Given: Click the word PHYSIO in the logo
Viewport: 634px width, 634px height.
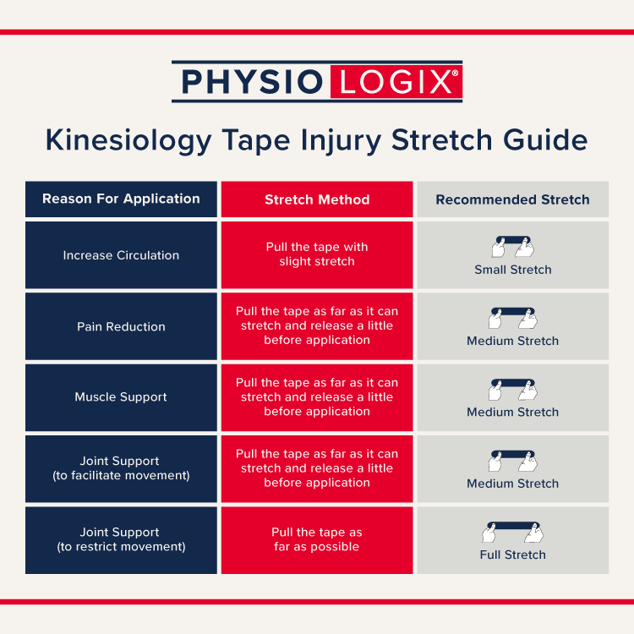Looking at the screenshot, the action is (x=252, y=82).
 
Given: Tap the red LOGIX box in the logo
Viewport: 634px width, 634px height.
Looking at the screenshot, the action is (x=396, y=82).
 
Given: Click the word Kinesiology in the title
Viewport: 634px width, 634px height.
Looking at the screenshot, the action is (x=128, y=140).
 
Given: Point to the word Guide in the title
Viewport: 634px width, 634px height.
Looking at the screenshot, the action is (x=545, y=139).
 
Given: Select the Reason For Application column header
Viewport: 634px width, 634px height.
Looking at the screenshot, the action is (x=121, y=199).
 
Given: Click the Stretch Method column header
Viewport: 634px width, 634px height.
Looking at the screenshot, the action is (x=317, y=199).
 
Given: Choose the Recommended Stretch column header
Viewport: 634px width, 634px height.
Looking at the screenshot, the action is (x=513, y=199).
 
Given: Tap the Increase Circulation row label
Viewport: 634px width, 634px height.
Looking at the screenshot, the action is (x=121, y=255).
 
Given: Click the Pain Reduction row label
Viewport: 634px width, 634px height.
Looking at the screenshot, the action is (x=121, y=326).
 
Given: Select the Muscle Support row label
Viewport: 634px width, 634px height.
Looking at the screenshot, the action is (x=121, y=397).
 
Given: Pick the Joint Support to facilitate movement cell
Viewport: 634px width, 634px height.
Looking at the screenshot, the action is (x=121, y=469).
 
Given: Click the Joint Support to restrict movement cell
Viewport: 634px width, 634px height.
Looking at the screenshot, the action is (x=121, y=540).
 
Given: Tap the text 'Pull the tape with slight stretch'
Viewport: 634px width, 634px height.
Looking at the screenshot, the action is (x=317, y=254).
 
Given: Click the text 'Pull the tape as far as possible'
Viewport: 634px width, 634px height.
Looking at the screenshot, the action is (x=317, y=539).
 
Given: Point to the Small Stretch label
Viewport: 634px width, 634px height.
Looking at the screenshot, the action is (x=513, y=270).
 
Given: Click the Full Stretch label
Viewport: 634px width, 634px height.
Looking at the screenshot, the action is (x=513, y=555).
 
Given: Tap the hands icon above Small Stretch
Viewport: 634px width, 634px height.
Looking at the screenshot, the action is (x=513, y=247).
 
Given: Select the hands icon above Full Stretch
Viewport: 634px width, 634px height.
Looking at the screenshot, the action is (x=513, y=532).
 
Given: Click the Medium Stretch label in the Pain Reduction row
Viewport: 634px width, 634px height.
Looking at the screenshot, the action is (x=513, y=341).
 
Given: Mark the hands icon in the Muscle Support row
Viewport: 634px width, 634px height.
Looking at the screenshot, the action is (x=513, y=390).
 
